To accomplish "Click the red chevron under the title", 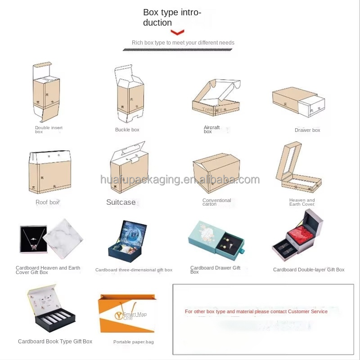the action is coord(178,32).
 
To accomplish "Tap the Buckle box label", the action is coord(127,130).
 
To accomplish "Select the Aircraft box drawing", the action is coord(215,98).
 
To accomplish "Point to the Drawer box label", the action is coord(307,130).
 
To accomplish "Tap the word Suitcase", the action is coord(121,202).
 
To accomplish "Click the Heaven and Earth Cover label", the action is coord(302,202).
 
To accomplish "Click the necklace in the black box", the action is coord(33,238).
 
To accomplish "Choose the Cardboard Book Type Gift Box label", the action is coord(55,342).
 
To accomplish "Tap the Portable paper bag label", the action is coord(133,342).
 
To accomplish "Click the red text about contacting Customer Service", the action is coord(256,311).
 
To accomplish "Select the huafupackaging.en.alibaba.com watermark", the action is coord(180,180).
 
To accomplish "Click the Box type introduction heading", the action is coord(171,18).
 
